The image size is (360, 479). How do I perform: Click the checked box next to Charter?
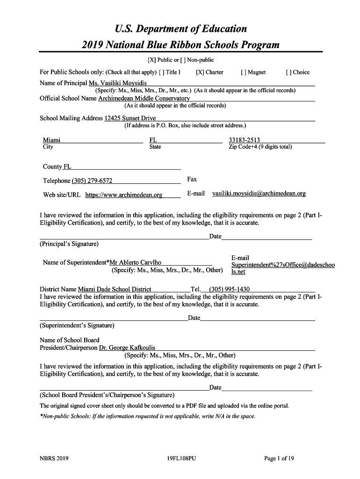click(200, 73)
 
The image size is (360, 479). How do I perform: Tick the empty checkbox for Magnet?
click(243, 73)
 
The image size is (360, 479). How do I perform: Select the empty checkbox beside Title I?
click(161, 73)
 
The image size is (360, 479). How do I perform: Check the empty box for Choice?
click(288, 73)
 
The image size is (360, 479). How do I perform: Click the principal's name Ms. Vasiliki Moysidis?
click(115, 83)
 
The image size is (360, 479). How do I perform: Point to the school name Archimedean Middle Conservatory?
click(144, 99)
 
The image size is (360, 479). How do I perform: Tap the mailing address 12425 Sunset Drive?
click(130, 118)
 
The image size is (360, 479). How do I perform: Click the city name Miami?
click(51, 140)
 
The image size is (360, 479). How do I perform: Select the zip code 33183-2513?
click(244, 140)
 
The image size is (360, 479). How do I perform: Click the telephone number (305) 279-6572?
click(92, 181)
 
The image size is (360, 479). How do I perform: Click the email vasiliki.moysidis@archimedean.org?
click(259, 194)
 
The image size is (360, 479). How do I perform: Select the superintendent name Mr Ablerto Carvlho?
click(135, 262)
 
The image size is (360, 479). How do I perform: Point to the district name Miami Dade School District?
click(115, 289)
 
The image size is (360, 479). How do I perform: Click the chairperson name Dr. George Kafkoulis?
click(127, 348)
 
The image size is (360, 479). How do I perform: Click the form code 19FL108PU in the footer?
click(181, 459)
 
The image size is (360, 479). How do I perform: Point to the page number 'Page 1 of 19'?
click(279, 459)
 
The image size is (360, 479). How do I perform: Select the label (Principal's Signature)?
click(69, 244)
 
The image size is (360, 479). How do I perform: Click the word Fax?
click(192, 179)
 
